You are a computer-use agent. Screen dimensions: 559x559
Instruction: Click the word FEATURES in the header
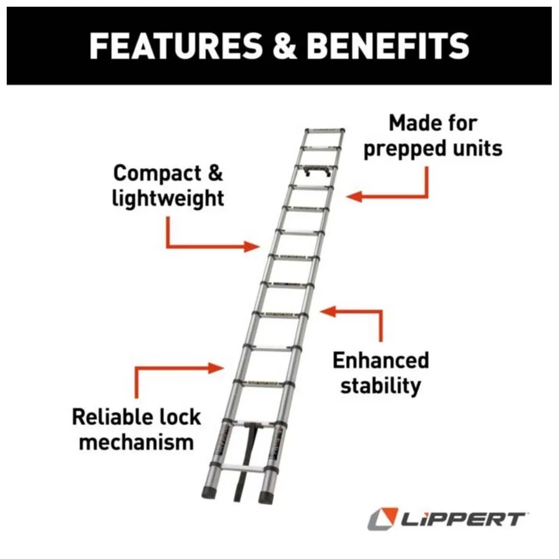pos(176,46)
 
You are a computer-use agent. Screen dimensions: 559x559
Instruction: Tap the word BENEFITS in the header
pos(388,46)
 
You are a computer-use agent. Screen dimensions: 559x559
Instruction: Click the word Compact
pos(157,174)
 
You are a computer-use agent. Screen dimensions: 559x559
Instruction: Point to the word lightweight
pos(168,198)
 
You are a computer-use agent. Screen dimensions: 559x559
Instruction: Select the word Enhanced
pos(381,361)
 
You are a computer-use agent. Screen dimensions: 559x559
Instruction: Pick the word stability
pos(381,386)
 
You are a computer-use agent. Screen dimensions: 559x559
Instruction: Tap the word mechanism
pos(136,442)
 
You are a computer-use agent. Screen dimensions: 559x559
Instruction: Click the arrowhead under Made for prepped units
pos(354,196)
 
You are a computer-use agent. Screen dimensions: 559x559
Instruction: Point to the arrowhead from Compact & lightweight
pos(252,247)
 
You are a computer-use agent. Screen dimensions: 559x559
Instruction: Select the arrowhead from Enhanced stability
pos(328,311)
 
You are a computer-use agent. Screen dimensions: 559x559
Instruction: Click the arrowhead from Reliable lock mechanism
pos(216,368)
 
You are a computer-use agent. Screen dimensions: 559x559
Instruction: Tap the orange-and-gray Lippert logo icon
pos(382,519)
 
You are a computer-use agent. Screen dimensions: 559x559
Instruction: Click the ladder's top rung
pos(325,130)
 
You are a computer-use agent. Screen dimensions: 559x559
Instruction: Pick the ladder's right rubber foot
pos(266,498)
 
